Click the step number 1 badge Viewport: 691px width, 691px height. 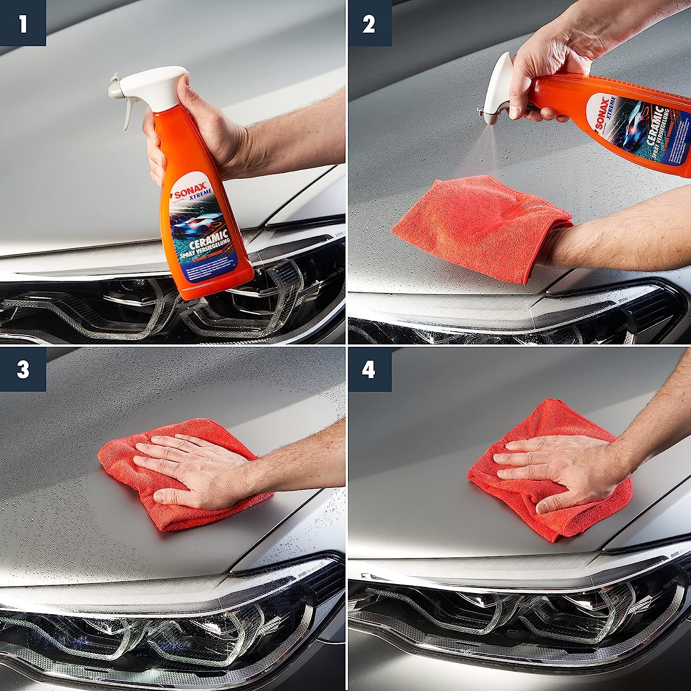[23, 23]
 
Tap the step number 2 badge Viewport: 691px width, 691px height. [369, 23]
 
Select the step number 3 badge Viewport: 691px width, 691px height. [23, 370]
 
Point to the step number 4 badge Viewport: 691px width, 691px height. [369, 370]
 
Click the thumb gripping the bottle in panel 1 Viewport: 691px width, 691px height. [157, 152]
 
